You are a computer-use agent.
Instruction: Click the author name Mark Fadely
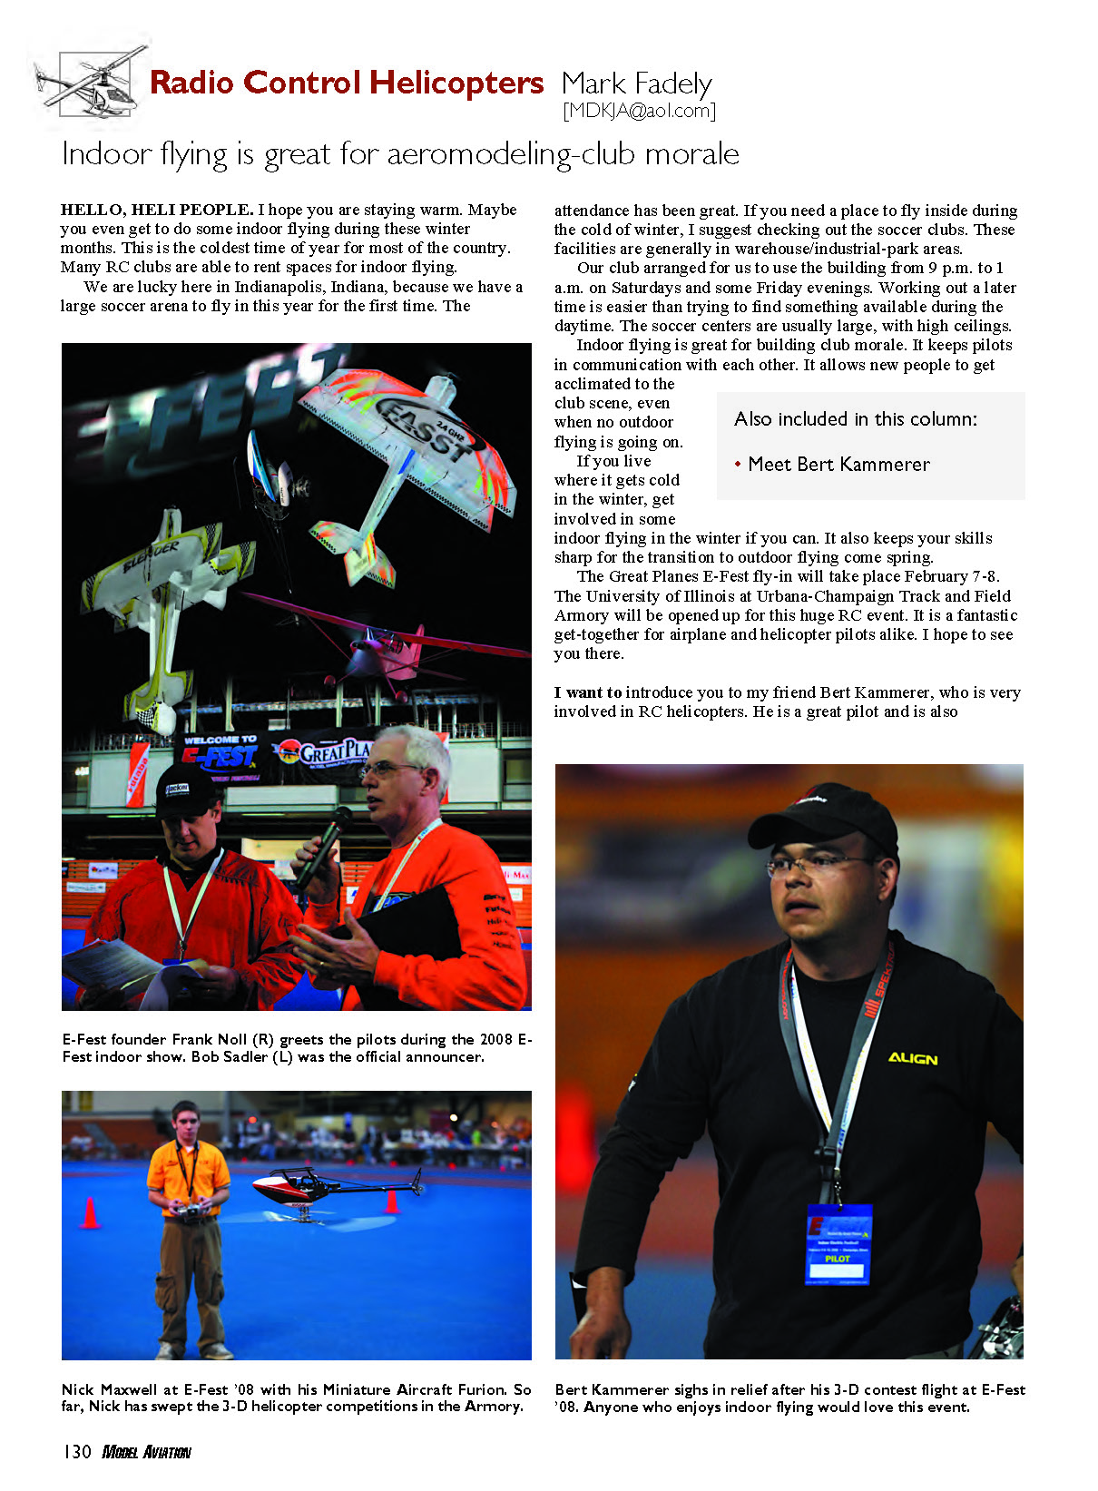[x=636, y=83]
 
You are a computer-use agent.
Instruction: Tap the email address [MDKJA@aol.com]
[x=639, y=111]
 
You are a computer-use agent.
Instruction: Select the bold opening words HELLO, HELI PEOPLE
[x=156, y=210]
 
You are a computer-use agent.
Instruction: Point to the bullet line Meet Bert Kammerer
[x=838, y=465]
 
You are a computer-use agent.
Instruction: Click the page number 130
[x=76, y=1452]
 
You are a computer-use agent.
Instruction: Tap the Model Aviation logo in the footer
[x=146, y=1452]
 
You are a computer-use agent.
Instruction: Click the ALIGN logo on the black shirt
[x=912, y=1058]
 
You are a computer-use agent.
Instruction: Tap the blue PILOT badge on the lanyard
[x=838, y=1243]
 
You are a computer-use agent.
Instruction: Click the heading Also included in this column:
[x=855, y=419]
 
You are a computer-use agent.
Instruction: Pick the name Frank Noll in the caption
[x=210, y=1040]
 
